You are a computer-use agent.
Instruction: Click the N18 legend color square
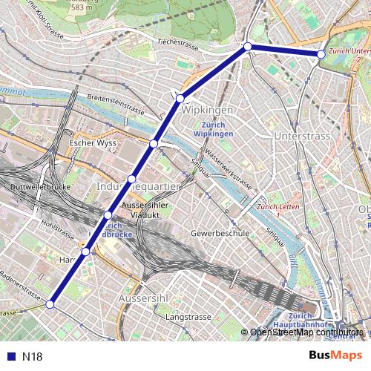(x=10, y=357)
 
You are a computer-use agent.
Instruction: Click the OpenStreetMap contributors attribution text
(x=306, y=333)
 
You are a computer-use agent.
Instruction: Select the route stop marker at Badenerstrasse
(x=50, y=304)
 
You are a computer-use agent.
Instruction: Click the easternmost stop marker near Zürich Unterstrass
(x=321, y=54)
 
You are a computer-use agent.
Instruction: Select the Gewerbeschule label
(x=219, y=233)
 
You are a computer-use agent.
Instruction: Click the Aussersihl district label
(x=140, y=297)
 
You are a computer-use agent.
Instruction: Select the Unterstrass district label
(x=302, y=137)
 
